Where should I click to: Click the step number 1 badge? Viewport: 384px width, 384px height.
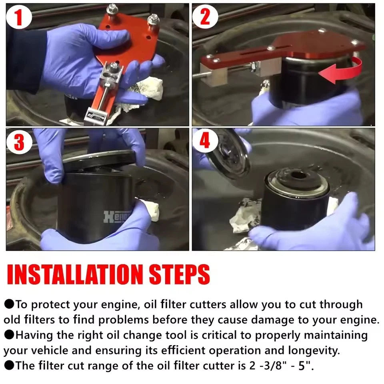coord(19,17)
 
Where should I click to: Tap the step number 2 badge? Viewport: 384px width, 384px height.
coord(205,16)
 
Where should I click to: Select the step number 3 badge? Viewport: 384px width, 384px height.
coord(19,142)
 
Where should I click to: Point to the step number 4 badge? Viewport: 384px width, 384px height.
coord(205,141)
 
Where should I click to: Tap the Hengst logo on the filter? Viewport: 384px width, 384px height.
coord(118,216)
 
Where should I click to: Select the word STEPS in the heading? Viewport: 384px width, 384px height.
coord(179,274)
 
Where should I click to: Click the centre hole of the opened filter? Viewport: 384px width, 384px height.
coord(298,175)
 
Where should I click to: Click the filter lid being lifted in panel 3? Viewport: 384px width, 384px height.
coord(99,160)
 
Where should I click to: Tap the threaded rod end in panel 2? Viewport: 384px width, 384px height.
coord(197,74)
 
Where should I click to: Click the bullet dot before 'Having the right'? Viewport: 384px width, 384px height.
coord(9,335)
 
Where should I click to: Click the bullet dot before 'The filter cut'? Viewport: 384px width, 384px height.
coord(9,365)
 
